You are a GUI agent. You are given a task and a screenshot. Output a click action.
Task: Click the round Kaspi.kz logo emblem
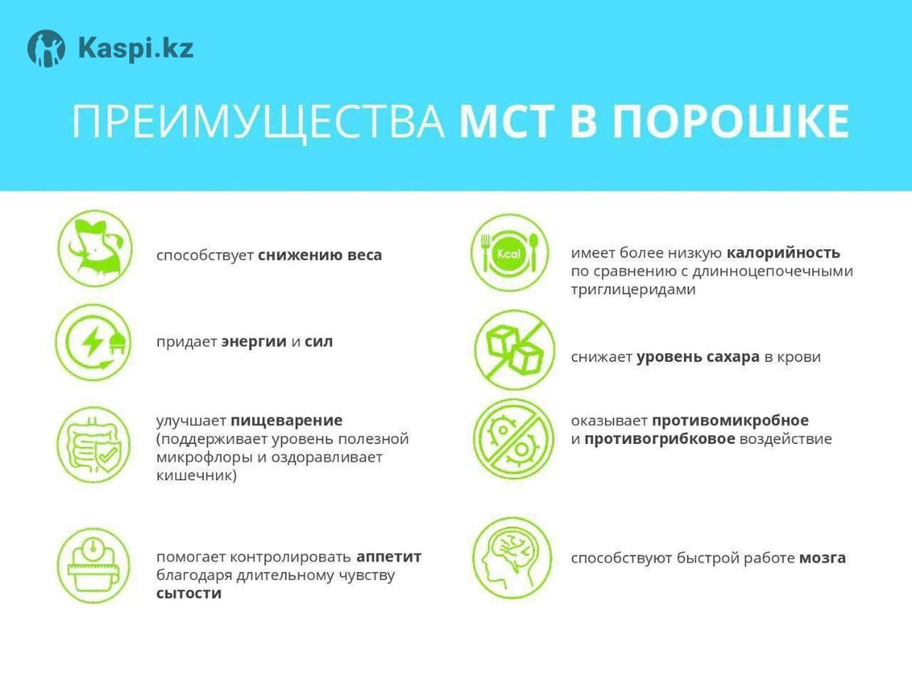[x=46, y=49]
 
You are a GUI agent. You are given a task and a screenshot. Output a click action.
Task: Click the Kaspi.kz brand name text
[x=136, y=48]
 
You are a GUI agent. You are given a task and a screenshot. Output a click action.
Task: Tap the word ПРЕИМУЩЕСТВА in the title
[x=258, y=122]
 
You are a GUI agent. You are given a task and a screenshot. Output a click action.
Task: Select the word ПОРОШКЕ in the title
[x=731, y=122]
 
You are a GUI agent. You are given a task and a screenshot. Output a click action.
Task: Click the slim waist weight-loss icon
[x=95, y=249]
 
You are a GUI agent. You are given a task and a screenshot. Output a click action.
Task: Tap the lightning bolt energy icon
[x=93, y=342]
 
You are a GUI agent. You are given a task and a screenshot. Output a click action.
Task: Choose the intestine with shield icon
[x=93, y=445]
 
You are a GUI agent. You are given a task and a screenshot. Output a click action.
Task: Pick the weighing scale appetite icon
[x=93, y=565]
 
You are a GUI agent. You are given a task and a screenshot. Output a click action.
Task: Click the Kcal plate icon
[x=510, y=252]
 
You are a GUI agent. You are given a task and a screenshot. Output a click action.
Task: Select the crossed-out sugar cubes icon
[x=515, y=350]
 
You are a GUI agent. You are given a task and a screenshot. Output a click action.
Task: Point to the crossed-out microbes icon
[x=514, y=439]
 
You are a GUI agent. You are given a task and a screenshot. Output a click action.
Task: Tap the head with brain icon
[x=512, y=558]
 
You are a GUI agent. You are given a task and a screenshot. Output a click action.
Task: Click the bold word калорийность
[x=784, y=252]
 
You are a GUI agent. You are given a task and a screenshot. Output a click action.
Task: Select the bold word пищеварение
[x=287, y=420]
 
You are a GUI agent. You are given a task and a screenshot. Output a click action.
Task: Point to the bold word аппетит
[x=389, y=557]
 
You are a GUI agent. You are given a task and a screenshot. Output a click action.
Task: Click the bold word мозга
[x=822, y=558]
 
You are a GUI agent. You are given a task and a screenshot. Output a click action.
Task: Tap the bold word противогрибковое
[x=660, y=439]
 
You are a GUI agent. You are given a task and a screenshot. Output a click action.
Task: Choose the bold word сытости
[x=189, y=594]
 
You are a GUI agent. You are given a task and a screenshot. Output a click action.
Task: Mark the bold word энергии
[x=254, y=342]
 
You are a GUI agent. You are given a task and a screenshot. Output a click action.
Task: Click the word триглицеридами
[x=633, y=290]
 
